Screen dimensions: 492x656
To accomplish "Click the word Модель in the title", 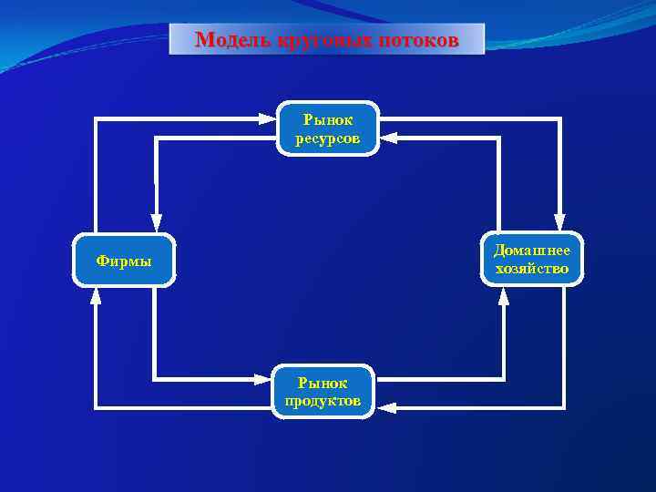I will [x=228, y=40].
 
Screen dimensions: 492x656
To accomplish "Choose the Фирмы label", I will [x=124, y=261].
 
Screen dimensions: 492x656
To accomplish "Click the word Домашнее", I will [x=532, y=250].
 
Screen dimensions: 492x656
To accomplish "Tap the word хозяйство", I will [x=532, y=269].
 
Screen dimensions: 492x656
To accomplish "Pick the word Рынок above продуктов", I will [x=323, y=383].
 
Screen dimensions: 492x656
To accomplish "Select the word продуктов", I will [x=323, y=402].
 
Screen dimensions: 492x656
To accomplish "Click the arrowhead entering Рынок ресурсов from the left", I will [x=267, y=118].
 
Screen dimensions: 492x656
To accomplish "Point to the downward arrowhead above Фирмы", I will [x=156, y=221].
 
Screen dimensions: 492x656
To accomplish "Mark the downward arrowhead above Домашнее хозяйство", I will [x=559, y=221].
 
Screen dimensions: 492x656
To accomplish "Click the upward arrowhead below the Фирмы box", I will [x=96, y=295].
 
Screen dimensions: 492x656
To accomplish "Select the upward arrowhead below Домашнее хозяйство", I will [x=503, y=295].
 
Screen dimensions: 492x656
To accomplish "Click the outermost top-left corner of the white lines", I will [x=96, y=118].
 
